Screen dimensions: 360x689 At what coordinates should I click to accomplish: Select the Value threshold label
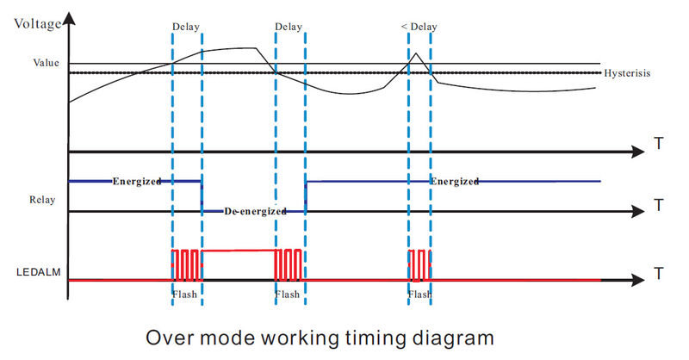point(47,63)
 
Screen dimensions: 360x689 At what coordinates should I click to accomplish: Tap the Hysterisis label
point(627,73)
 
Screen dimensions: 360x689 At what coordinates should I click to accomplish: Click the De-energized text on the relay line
point(253,211)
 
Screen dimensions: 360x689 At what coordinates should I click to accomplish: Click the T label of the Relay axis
point(659,205)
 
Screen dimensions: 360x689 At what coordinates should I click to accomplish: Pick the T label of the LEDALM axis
point(659,275)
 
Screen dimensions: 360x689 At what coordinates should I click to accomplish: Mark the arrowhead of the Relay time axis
point(637,211)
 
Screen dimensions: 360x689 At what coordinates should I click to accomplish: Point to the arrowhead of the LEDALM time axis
point(637,281)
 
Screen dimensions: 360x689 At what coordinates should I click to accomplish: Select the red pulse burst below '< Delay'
point(419,264)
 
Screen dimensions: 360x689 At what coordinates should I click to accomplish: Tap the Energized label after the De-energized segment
point(454,182)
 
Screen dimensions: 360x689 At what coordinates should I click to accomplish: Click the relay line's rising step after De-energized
point(306,196)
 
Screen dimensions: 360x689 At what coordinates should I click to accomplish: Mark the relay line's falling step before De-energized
point(202,196)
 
